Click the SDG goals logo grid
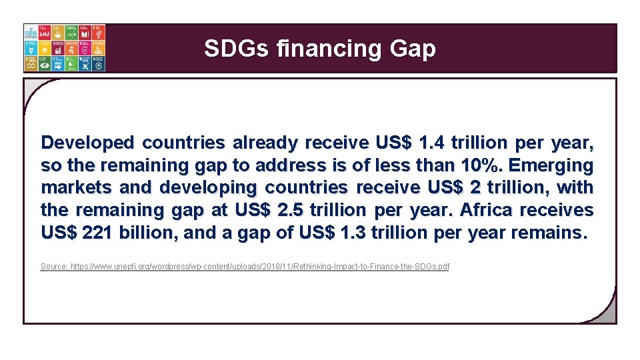coord(65,48)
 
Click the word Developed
coord(87,143)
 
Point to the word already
coord(265,143)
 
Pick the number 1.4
coord(432,143)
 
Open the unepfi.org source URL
coord(260,267)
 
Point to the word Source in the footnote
coord(54,267)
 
